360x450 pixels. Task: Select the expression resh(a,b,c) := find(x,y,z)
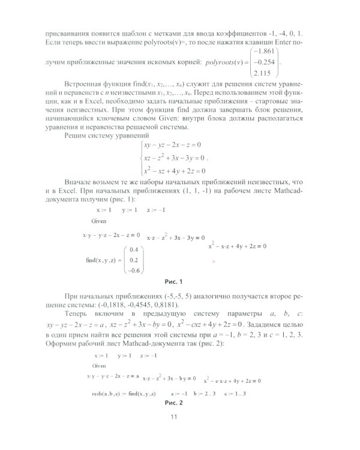[x=122, y=393]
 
